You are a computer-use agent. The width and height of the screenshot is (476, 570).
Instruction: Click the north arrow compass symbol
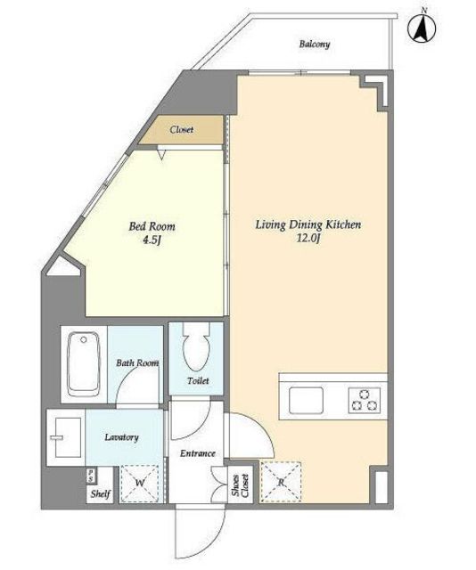pyautogui.click(x=422, y=28)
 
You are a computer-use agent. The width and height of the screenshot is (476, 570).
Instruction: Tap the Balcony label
pyautogui.click(x=315, y=45)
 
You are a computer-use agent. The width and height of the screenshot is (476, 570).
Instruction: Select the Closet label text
pyautogui.click(x=181, y=129)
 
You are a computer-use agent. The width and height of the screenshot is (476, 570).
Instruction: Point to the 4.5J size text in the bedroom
pyautogui.click(x=152, y=240)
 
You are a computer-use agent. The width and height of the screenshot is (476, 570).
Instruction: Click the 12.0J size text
pyautogui.click(x=308, y=238)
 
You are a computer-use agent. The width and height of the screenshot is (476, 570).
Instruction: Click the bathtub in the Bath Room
pyautogui.click(x=84, y=364)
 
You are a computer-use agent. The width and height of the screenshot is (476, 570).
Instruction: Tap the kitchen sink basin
pyautogui.click(x=306, y=400)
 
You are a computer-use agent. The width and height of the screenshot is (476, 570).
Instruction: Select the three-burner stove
pyautogui.click(x=365, y=400)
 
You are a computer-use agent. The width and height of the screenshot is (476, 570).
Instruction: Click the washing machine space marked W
pyautogui.click(x=139, y=484)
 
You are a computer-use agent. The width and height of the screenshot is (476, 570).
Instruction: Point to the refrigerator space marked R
pyautogui.click(x=281, y=482)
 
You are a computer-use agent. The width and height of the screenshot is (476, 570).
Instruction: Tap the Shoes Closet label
pyautogui.click(x=240, y=485)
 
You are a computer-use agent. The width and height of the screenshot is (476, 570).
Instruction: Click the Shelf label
pyautogui.click(x=100, y=493)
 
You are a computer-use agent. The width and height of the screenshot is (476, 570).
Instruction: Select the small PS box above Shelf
pyautogui.click(x=90, y=476)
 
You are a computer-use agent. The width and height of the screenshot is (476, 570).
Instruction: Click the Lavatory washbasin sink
pyautogui.click(x=68, y=437)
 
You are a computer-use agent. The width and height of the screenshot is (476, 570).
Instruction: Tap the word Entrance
pyautogui.click(x=198, y=453)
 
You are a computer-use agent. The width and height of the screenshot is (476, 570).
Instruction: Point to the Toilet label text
pyautogui.click(x=198, y=380)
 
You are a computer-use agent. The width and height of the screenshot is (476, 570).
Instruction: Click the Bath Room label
pyautogui.click(x=137, y=362)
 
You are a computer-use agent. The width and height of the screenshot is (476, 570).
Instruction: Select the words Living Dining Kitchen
pyautogui.click(x=308, y=224)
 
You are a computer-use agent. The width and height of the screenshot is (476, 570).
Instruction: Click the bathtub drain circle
pyautogui.click(x=84, y=339)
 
